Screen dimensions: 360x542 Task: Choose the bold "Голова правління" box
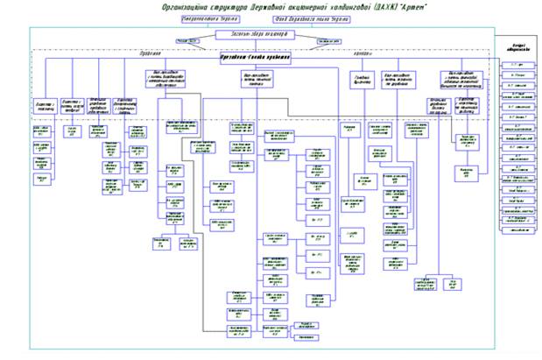(x=254, y=59)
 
